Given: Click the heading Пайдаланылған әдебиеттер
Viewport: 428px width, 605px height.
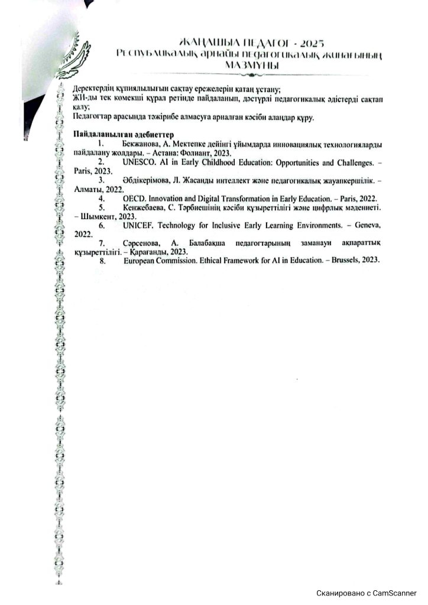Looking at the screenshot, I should [x=122, y=135].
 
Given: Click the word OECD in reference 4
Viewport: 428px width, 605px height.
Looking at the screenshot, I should [x=134, y=200].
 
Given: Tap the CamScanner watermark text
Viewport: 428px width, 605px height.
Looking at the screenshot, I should [x=367, y=593].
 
